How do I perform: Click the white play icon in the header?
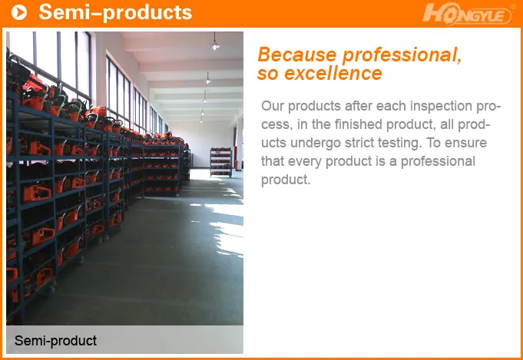(x=20, y=12)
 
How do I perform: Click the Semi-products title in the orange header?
(x=115, y=12)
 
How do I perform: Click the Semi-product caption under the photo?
(x=56, y=340)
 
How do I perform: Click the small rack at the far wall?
(x=220, y=162)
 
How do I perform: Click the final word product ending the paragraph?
(x=285, y=180)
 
